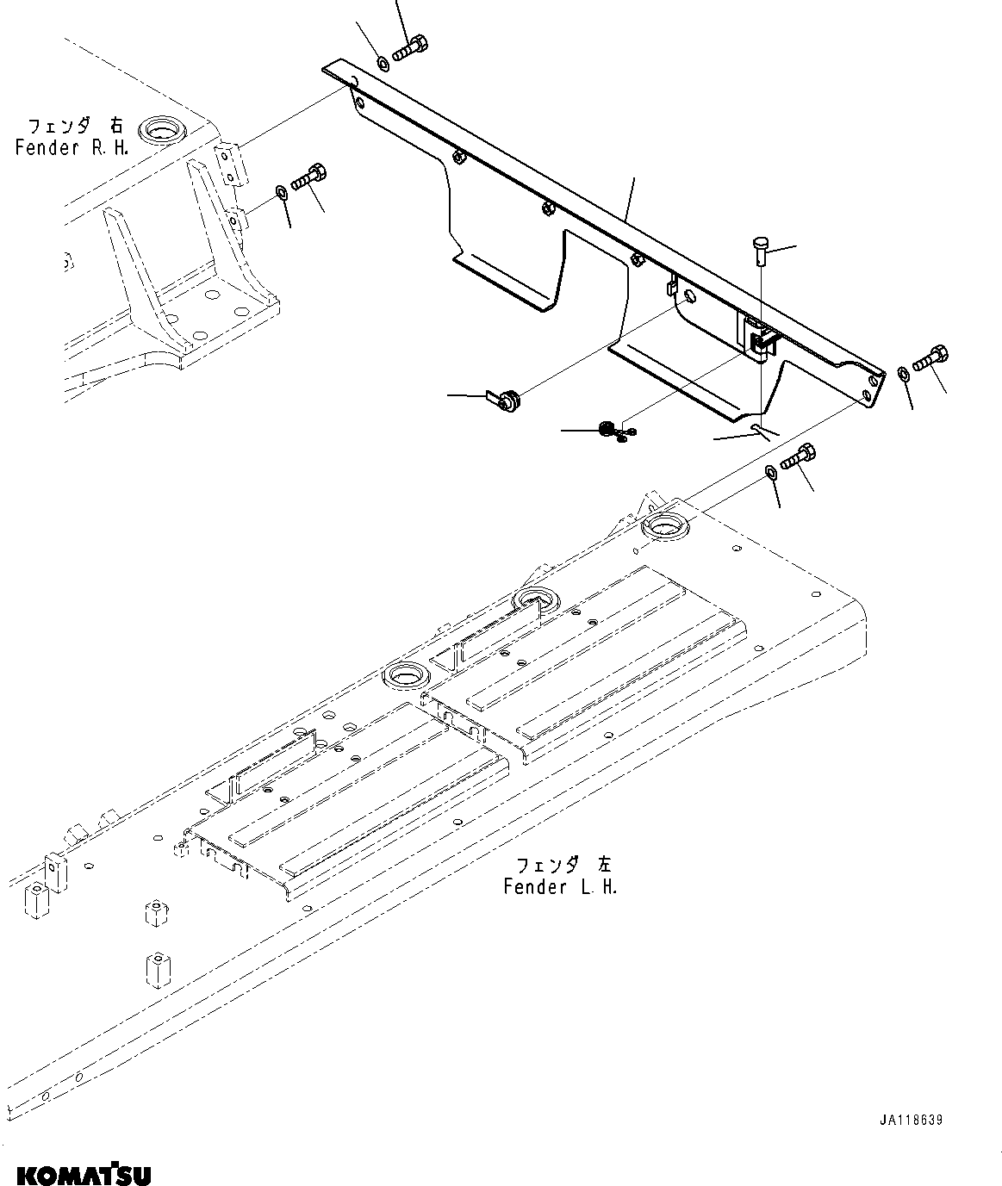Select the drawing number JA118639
click(x=911, y=1121)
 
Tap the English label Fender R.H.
click(x=72, y=147)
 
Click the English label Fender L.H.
click(x=560, y=886)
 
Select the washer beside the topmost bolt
click(x=382, y=62)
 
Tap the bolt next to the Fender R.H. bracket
click(x=308, y=176)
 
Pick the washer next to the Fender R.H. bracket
click(x=282, y=190)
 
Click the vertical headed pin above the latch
click(x=758, y=251)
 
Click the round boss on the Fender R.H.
click(x=162, y=129)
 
